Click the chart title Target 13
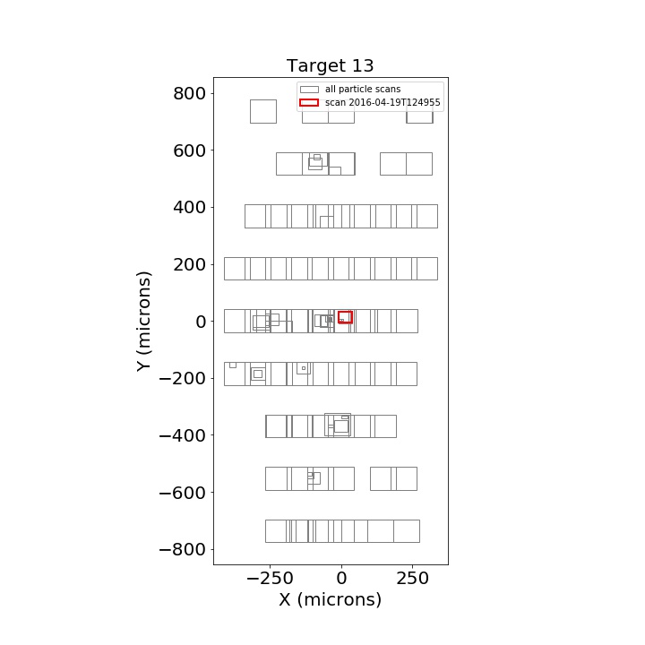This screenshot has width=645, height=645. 330,65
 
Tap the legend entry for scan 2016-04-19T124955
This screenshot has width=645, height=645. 370,102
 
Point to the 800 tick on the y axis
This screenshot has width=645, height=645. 189,93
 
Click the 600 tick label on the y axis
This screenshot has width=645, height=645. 189,150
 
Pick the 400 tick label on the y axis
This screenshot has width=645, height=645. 189,207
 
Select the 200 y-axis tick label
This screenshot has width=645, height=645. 189,264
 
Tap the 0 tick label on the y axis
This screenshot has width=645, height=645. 201,322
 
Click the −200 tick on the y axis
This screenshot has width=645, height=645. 182,378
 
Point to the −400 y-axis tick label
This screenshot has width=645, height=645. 182,435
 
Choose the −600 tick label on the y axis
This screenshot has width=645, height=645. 182,493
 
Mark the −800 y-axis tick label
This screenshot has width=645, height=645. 182,549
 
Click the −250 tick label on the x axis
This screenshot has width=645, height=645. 270,578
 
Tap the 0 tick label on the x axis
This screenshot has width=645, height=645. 341,578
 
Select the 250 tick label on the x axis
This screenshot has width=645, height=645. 413,578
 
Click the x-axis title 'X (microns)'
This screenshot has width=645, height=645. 331,599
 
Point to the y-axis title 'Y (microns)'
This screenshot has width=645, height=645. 144,322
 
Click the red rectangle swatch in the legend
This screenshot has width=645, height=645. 309,102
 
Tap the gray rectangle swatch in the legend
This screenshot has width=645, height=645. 309,90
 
